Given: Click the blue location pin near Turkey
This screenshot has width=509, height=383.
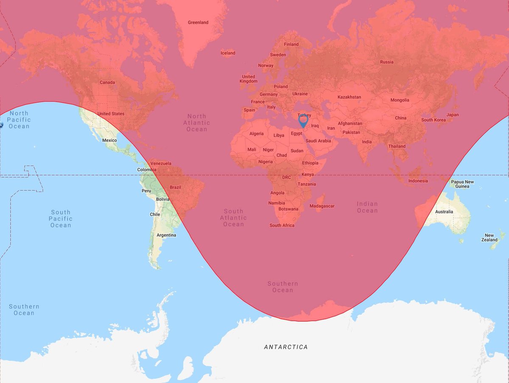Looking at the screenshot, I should pyautogui.click(x=303, y=121).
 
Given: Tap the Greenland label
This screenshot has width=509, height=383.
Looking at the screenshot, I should pyautogui.click(x=198, y=23).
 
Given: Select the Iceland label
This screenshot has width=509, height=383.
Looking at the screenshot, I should pyautogui.click(x=228, y=53).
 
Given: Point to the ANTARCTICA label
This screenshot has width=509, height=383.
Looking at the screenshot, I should pyautogui.click(x=285, y=347).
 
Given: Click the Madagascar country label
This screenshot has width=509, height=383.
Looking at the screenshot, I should pyautogui.click(x=322, y=206).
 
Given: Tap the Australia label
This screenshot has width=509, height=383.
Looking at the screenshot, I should pyautogui.click(x=444, y=211).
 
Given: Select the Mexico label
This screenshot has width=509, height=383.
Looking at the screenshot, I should pyautogui.click(x=109, y=140).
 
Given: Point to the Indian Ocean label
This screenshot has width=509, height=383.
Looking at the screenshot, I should pyautogui.click(x=367, y=207).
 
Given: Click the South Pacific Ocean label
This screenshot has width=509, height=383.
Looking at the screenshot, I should pyautogui.click(x=61, y=218).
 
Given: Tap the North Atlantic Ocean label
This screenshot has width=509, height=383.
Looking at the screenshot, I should pyautogui.click(x=197, y=123).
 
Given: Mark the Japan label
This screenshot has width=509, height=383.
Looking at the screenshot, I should pyautogui.click(x=452, y=115).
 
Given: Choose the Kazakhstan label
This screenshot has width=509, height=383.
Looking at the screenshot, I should pyautogui.click(x=349, y=97).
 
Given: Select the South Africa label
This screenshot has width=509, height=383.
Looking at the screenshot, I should pyautogui.click(x=282, y=225).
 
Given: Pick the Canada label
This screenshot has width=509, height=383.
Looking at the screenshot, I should pyautogui.click(x=107, y=82).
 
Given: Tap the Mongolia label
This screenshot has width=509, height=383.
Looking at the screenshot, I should pyautogui.click(x=400, y=100).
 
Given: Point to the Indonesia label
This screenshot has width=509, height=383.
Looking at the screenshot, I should pyautogui.click(x=418, y=181).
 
